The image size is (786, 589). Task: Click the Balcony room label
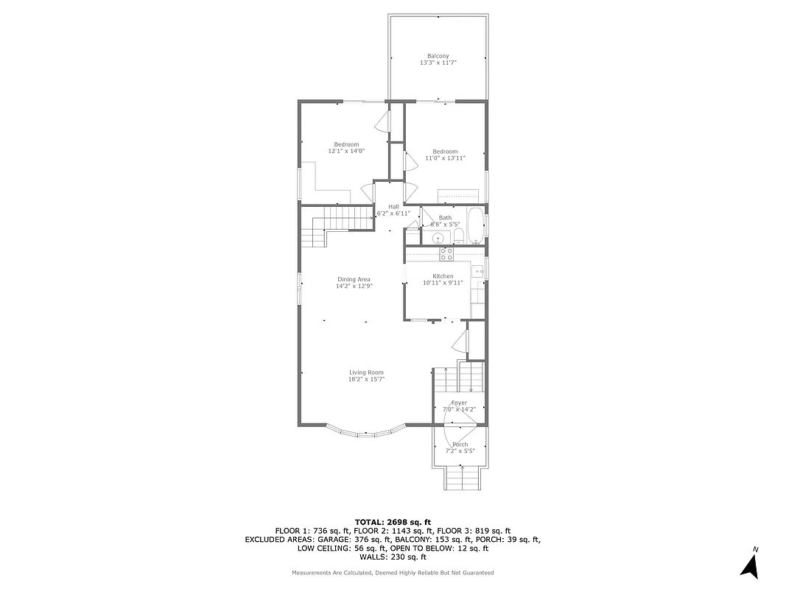click(438, 56)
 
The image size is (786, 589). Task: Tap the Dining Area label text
click(354, 279)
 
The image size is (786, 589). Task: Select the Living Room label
click(366, 373)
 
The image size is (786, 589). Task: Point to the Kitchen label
click(443, 276)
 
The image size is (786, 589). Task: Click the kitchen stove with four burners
click(446, 254)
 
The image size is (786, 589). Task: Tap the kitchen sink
click(478, 272)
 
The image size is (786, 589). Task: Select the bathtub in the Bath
click(477, 225)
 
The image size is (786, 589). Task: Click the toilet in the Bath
click(458, 236)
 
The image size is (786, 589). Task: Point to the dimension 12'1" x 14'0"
click(346, 151)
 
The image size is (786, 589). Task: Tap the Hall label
click(393, 206)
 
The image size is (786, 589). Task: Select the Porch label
click(460, 445)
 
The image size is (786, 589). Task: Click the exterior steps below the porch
click(463, 480)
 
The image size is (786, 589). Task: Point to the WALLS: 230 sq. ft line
click(393, 557)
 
